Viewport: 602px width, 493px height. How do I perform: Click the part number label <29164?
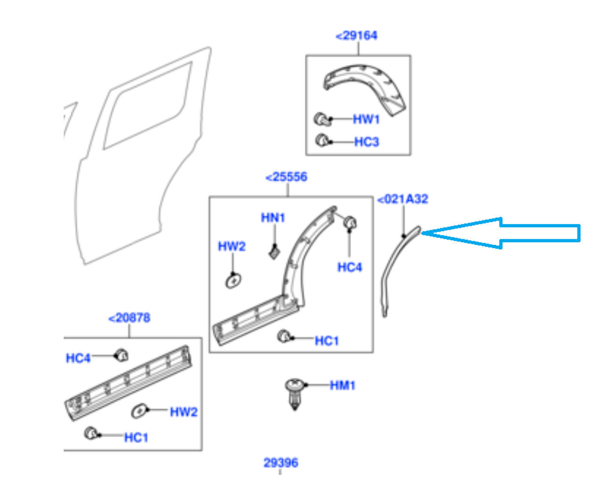point(356,36)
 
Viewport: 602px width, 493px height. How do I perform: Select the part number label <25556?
point(286,177)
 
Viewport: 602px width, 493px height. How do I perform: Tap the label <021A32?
point(403,199)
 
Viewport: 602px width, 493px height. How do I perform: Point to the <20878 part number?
point(129,318)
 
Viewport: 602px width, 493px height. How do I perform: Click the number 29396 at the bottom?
point(281,463)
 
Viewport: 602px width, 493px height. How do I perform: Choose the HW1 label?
point(366,119)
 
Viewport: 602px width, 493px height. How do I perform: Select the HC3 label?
point(366,142)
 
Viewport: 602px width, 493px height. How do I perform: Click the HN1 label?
point(273,218)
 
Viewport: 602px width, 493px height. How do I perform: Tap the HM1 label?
point(342,385)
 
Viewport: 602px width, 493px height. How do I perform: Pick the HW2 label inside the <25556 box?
point(231,247)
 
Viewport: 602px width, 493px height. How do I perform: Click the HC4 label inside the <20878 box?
point(78,358)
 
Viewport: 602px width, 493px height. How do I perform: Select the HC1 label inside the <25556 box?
point(327,341)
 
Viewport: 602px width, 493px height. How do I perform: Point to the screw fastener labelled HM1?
point(294,393)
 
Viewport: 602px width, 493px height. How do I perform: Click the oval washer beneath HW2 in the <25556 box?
point(234,281)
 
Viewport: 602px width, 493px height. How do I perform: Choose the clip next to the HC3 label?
point(322,140)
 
